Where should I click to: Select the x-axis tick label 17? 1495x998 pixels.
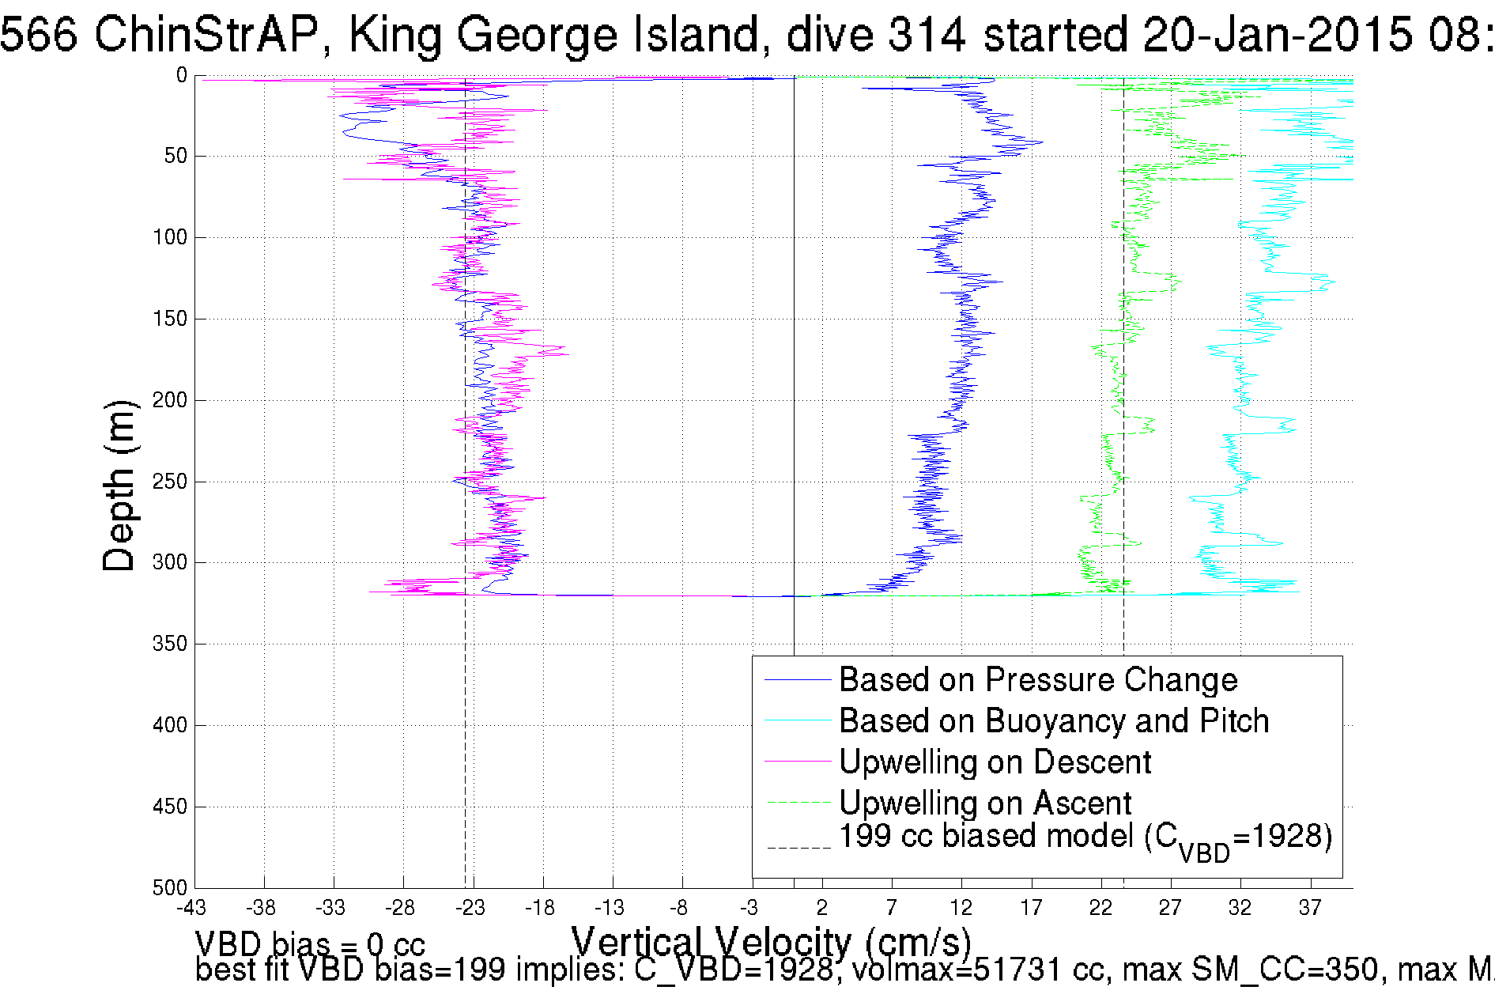[1031, 907]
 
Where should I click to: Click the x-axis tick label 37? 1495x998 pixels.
[1310, 907]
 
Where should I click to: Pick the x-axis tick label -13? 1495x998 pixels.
[610, 907]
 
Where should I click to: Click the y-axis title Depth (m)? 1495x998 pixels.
[120, 485]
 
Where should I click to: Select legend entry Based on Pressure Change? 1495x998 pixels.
[1038, 680]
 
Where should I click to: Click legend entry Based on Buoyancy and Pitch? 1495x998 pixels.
[1054, 721]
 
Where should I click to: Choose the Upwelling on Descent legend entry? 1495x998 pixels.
[995, 762]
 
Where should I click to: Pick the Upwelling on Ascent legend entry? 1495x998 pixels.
[985, 803]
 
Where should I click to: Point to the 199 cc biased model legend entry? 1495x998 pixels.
[1085, 838]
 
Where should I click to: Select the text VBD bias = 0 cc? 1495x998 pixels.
[310, 943]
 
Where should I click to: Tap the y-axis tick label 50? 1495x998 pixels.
[176, 157]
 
